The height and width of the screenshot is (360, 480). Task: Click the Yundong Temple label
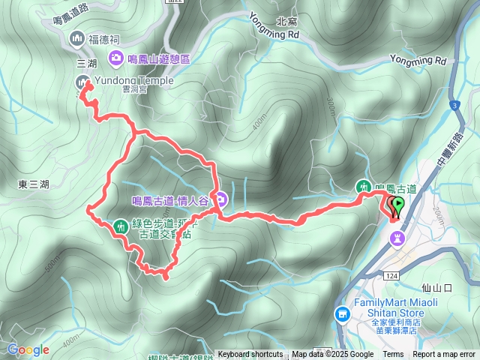point(134,80)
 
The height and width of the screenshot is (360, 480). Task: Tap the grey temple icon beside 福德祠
point(77,38)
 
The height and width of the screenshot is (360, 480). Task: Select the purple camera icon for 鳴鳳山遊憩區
point(117,58)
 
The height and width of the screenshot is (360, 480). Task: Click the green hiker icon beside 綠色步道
point(121,226)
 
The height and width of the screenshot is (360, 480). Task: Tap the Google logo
point(28,349)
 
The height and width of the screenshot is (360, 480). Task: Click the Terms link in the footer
point(393,355)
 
